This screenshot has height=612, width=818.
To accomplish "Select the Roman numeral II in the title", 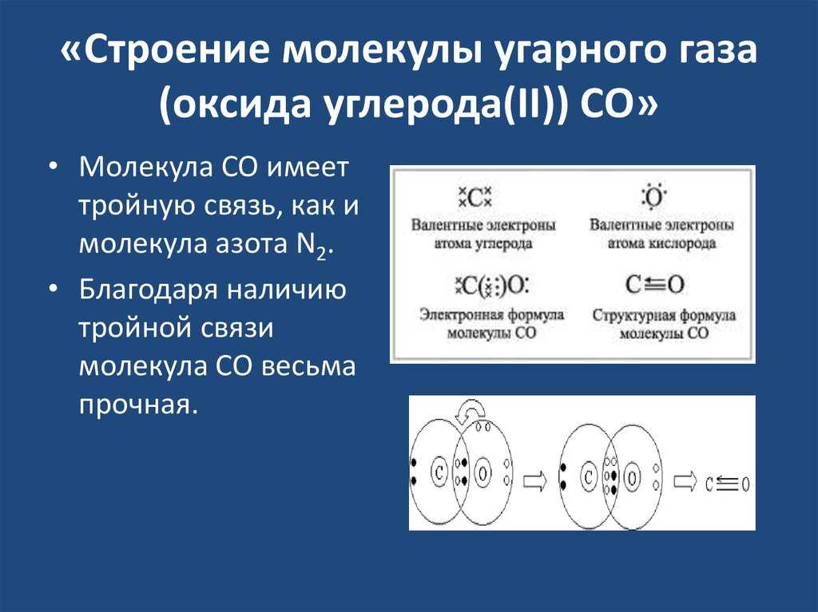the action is click(x=532, y=105).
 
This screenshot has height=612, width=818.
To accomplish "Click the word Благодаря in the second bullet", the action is click(x=148, y=290).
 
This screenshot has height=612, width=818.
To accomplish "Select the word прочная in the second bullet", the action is click(x=139, y=405).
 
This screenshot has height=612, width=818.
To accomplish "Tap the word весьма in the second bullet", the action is click(x=308, y=366).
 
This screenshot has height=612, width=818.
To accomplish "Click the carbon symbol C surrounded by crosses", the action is click(x=475, y=198).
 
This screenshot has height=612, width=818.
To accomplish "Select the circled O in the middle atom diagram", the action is click(x=633, y=477).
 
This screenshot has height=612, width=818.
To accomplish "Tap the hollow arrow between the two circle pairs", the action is click(x=534, y=481).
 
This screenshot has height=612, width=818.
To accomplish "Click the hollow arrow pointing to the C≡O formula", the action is click(x=685, y=481).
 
